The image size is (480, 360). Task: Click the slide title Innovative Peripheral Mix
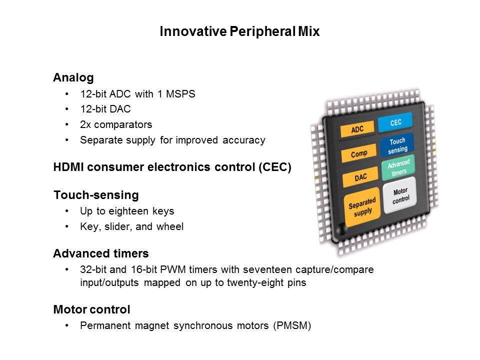pos(239,31)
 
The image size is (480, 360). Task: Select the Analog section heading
pos(73,77)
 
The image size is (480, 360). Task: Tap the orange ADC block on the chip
pos(357,129)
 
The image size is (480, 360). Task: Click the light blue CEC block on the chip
pos(395,122)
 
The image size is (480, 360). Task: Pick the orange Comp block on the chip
pos(359,153)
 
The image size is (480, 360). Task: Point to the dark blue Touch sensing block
pos(397,145)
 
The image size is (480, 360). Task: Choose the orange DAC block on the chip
pos(360,177)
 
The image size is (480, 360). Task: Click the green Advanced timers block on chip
pos(398,168)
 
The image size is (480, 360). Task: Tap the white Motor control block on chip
pos(400,195)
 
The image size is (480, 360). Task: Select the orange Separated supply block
pos(362,207)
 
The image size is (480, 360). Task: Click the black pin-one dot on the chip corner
pos(341,228)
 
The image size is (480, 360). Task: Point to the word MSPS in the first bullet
pos(180,93)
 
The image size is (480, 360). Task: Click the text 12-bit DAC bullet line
pos(105,109)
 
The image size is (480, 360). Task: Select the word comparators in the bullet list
pos(123,124)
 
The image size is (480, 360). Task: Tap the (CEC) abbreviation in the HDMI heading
pos(275,167)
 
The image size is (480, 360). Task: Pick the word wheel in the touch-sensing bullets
pos(170,226)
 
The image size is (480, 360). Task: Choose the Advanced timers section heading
pos(101,253)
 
